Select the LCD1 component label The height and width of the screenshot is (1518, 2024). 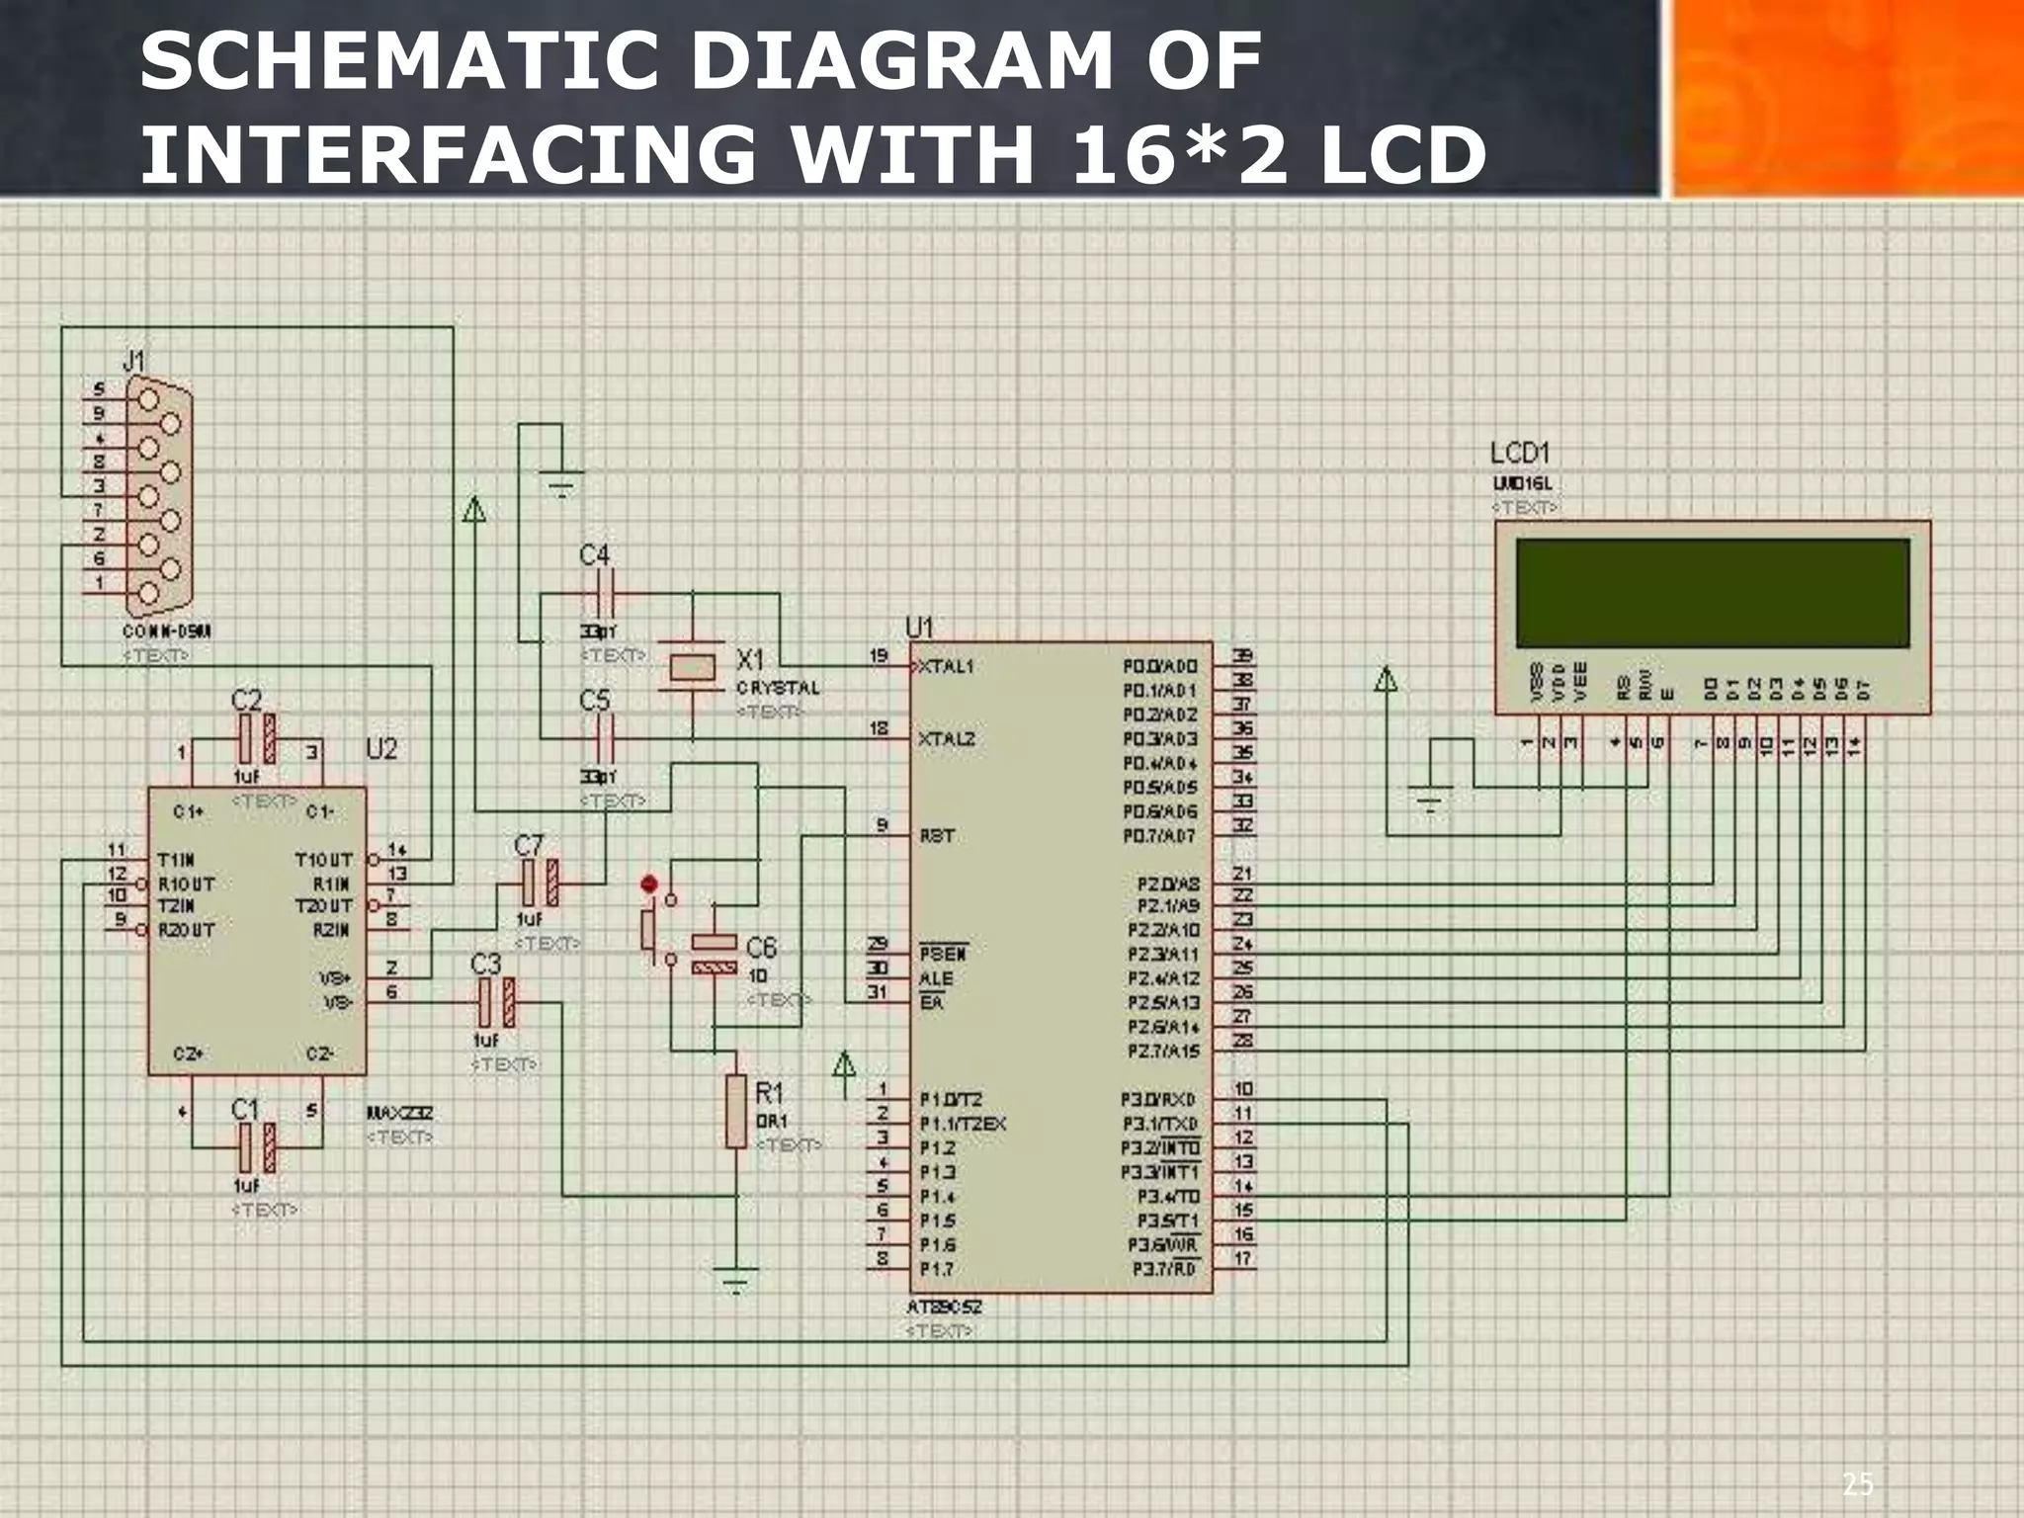click(1520, 454)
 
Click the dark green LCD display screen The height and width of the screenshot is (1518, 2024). click(1712, 593)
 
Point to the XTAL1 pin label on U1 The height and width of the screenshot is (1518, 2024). click(946, 666)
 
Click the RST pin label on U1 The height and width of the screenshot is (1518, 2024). click(937, 836)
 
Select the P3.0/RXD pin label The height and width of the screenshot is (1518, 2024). click(1158, 1099)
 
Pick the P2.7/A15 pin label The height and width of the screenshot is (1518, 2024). click(1163, 1052)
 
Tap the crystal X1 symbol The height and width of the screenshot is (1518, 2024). click(692, 667)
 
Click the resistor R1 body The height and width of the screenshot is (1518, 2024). click(735, 1112)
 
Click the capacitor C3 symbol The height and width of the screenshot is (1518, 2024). click(496, 1003)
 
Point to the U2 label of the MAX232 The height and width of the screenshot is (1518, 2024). click(381, 749)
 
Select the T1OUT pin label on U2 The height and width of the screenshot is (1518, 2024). click(323, 860)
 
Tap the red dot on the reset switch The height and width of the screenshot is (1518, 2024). click(648, 884)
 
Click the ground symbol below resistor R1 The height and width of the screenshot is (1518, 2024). click(735, 1278)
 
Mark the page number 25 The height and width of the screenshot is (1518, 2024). click(1856, 1483)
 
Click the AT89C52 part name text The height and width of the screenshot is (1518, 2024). click(944, 1307)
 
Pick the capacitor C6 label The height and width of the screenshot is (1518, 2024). click(761, 949)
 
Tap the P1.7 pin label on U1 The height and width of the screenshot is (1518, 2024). click(937, 1269)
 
